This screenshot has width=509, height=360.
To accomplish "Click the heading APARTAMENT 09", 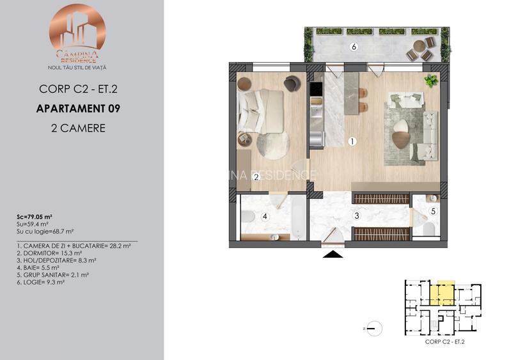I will [x=77, y=108].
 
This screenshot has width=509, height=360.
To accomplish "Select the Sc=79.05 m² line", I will [x=35, y=217].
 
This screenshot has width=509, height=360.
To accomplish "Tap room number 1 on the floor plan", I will [x=351, y=141].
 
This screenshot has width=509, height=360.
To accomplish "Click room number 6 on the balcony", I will [x=353, y=47].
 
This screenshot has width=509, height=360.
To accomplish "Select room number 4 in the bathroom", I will [x=265, y=217].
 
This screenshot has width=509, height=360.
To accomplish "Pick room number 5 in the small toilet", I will [x=432, y=210].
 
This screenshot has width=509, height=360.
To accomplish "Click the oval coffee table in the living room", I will [x=401, y=125].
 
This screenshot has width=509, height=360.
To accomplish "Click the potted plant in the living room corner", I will [x=432, y=80].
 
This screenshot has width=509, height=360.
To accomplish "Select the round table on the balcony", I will [x=419, y=46].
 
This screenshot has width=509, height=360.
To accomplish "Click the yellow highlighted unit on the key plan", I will [x=442, y=293].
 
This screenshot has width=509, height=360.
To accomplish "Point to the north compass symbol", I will [x=377, y=328].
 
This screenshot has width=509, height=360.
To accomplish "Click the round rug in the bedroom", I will [x=273, y=146].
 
